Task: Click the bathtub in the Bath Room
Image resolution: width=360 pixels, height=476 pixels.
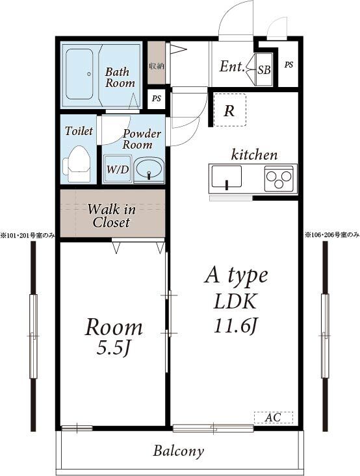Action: [x=79, y=74]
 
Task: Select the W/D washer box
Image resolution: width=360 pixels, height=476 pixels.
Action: [x=117, y=169]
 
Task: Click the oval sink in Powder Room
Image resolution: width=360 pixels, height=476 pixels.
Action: [x=149, y=171]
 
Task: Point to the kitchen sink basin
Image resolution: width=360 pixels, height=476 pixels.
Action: [x=226, y=177]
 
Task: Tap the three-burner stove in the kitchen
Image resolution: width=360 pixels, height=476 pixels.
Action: [x=280, y=178]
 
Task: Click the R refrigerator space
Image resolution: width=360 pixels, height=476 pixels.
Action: [x=229, y=110]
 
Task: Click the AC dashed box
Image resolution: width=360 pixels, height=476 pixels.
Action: [x=273, y=418]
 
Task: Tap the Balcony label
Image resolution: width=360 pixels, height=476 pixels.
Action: [x=179, y=451]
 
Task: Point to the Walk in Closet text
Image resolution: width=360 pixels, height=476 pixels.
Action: [x=111, y=216]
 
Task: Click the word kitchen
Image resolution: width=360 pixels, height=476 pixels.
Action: [x=255, y=155]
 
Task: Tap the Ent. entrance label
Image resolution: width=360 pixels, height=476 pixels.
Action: [x=232, y=66]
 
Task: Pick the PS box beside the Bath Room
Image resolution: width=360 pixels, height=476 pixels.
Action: [x=156, y=99]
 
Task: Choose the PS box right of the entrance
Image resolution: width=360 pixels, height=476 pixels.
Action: [x=289, y=65]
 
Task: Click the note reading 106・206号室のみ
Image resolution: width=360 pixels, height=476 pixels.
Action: [x=331, y=234]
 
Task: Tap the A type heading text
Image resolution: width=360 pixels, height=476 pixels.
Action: [x=236, y=275]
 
